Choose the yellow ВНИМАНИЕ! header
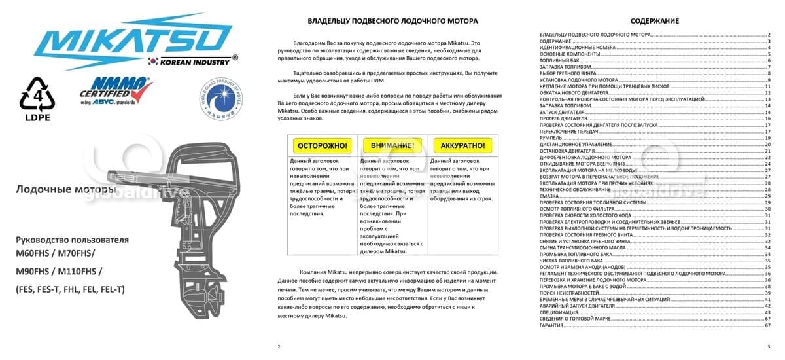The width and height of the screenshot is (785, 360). pyautogui.click(x=391, y=145)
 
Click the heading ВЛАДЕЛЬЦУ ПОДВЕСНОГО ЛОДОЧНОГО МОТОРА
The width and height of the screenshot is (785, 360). pyautogui.click(x=392, y=21)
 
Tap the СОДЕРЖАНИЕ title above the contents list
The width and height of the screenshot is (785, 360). pyautogui.click(x=654, y=21)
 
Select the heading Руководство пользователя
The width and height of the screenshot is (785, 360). pyautogui.click(x=73, y=240)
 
